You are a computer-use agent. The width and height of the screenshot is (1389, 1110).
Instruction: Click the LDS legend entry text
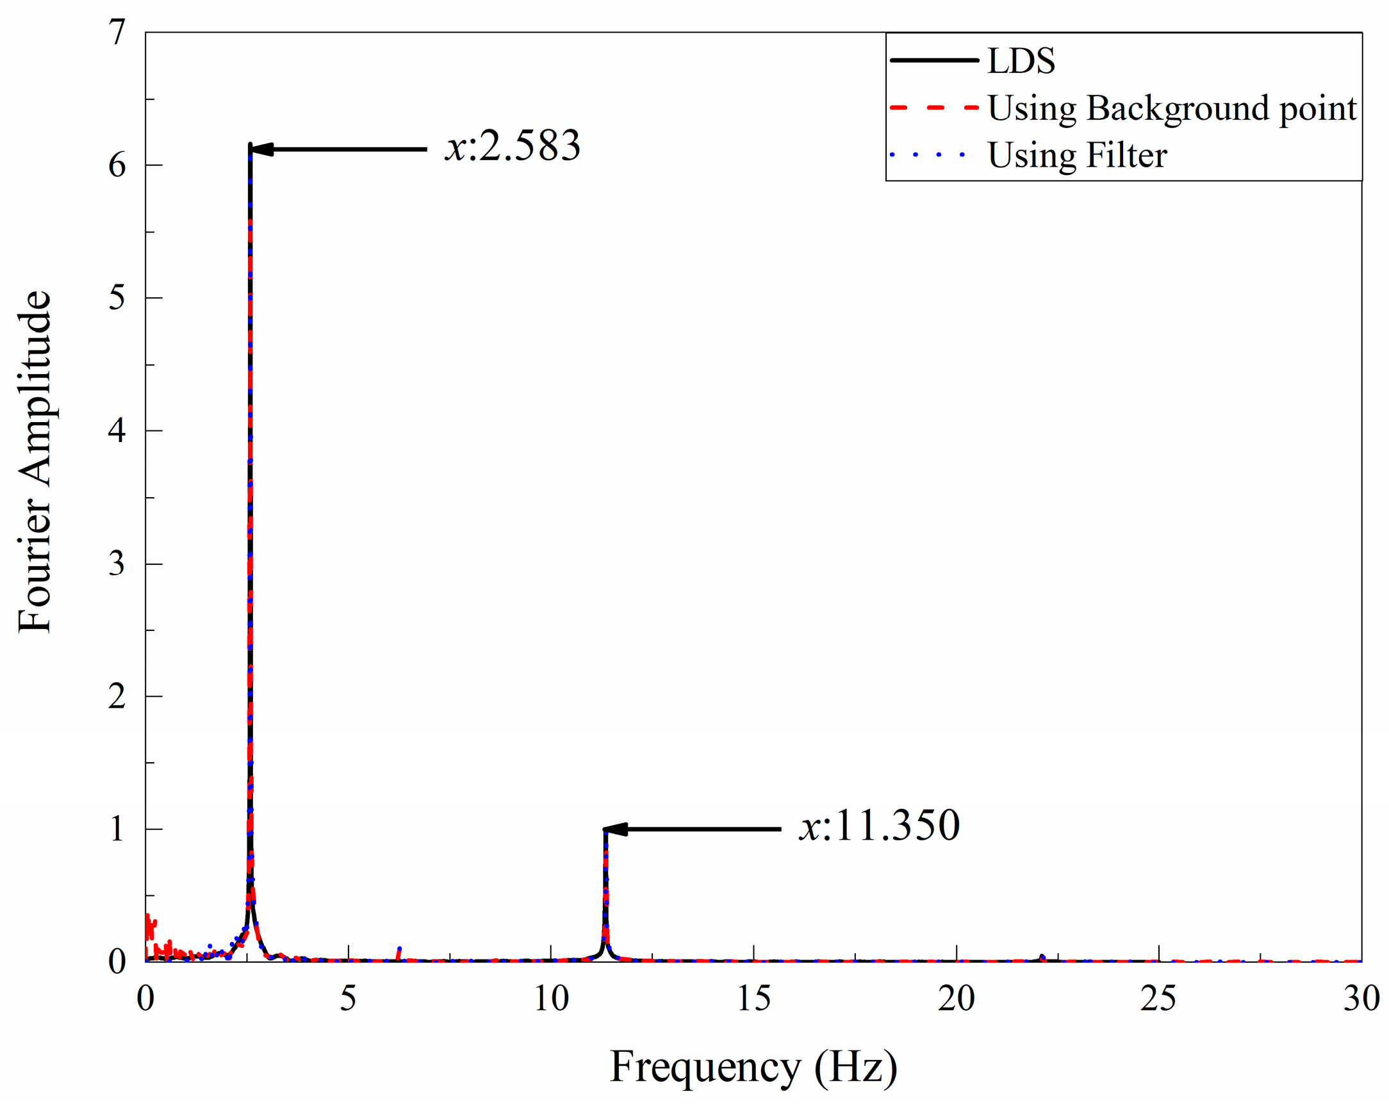[x=1021, y=61]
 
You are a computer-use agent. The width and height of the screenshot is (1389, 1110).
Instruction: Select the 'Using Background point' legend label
[x=1172, y=108]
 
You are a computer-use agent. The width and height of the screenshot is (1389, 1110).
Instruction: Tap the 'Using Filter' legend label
[x=1077, y=155]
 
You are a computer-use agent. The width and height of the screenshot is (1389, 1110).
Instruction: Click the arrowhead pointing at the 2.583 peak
[x=261, y=149]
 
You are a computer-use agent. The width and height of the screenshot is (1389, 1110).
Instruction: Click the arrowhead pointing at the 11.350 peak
[x=615, y=829]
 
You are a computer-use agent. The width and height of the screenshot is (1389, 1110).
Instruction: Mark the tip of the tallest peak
[x=250, y=145]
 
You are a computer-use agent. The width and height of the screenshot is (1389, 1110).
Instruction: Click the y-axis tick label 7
[x=117, y=32]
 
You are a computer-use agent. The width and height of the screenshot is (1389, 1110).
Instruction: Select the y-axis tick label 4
[x=117, y=430]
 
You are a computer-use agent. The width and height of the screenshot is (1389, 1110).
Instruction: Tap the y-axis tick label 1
[x=117, y=829]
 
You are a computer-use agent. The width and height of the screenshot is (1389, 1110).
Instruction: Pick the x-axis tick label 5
[x=348, y=999]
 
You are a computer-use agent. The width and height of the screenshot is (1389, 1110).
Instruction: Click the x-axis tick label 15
[x=753, y=999]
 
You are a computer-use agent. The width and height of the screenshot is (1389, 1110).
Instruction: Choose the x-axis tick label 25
[x=1158, y=999]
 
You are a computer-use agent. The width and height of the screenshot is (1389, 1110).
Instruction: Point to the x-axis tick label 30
[x=1361, y=999]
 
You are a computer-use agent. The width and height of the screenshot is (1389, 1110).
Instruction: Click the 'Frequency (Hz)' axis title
[x=753, y=1067]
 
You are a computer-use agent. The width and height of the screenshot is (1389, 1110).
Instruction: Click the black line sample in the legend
[x=934, y=61]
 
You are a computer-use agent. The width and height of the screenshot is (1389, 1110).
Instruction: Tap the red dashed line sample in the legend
[x=934, y=108]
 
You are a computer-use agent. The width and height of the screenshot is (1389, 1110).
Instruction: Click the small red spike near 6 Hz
[x=399, y=953]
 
